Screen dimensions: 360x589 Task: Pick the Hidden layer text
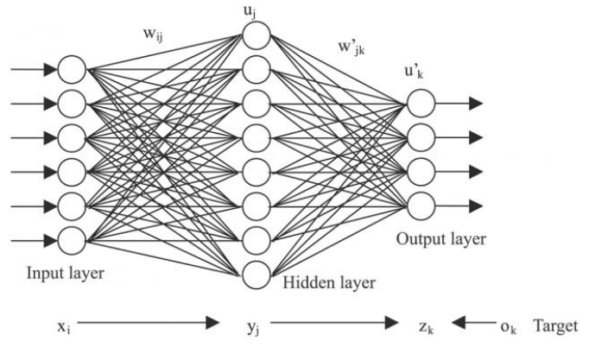[x=332, y=281]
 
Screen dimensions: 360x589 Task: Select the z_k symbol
[x=424, y=325]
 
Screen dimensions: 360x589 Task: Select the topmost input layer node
[x=73, y=68]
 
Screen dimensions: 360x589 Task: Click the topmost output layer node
[x=421, y=104]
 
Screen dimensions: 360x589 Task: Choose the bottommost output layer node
[x=421, y=204]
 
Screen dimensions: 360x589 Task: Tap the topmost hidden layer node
[x=256, y=35]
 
